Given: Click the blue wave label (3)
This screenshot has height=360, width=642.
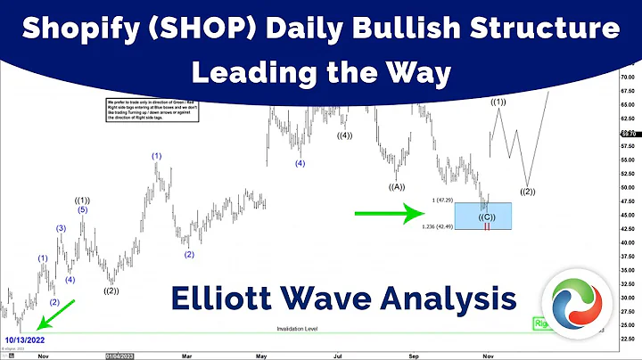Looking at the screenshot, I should click(x=62, y=229).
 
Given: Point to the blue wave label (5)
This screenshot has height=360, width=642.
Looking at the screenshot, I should click(x=82, y=210).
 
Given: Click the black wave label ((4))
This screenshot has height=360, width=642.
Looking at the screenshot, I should click(x=344, y=136).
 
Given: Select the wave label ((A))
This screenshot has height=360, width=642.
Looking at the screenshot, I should click(x=397, y=186).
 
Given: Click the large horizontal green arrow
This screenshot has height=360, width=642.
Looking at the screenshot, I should click(x=388, y=213).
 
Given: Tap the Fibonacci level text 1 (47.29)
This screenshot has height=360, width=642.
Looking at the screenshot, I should click(x=440, y=200).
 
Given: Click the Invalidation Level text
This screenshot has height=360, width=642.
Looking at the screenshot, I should click(x=298, y=329).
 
